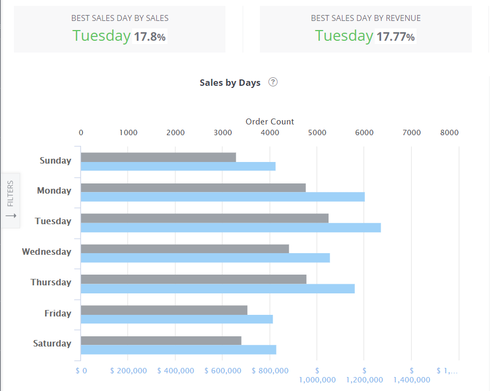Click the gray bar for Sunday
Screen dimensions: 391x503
pyautogui.click(x=158, y=157)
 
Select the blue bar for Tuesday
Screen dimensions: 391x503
pyautogui.click(x=231, y=228)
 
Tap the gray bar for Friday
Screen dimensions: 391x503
pyautogui.click(x=164, y=310)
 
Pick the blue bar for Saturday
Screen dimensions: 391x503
pyautogui.click(x=178, y=350)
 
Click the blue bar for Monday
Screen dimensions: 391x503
pyautogui.click(x=223, y=197)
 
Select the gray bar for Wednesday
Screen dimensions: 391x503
pyautogui.click(x=185, y=249)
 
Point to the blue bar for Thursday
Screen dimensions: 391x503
pyautogui.click(x=217, y=289)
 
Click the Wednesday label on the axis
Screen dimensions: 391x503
pyautogui.click(x=46, y=252)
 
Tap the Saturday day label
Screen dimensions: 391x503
pyautogui.click(x=52, y=343)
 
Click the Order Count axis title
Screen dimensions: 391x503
pyautogui.click(x=269, y=121)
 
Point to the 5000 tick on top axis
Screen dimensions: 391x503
pyautogui.click(x=317, y=132)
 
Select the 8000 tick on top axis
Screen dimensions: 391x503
pyautogui.click(x=449, y=132)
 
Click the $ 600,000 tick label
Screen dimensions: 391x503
pyautogui.click(x=223, y=371)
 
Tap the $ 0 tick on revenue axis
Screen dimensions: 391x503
pyautogui.click(x=81, y=371)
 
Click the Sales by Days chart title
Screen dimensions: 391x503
pyautogui.click(x=230, y=83)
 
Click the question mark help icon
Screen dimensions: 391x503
pyautogui.click(x=273, y=82)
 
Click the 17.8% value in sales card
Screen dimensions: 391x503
pyautogui.click(x=150, y=37)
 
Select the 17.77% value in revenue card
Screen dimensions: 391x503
pyautogui.click(x=395, y=37)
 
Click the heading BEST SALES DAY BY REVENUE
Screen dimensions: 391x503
pyautogui.click(x=366, y=18)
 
